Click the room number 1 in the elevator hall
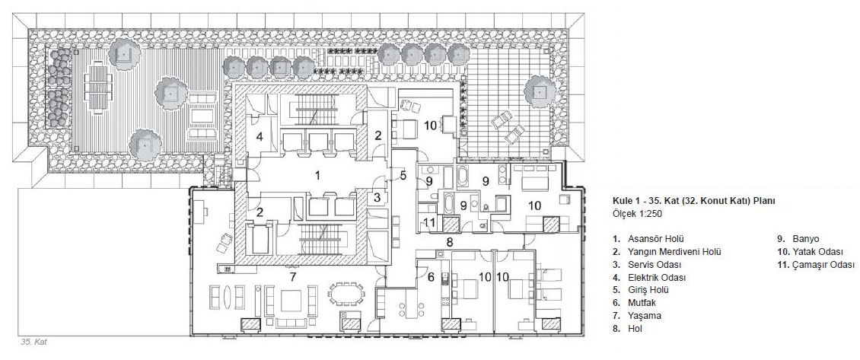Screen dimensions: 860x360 click(x=317, y=176)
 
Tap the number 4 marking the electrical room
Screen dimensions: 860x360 click(x=260, y=137)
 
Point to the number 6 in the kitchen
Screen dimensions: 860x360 click(x=431, y=278)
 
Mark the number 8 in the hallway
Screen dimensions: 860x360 click(x=449, y=241)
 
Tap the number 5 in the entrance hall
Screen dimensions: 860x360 click(x=403, y=176)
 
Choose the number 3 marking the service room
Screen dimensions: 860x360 click(x=377, y=196)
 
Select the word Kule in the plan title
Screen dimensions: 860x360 click(x=622, y=201)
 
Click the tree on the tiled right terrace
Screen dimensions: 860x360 click(x=540, y=91)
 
